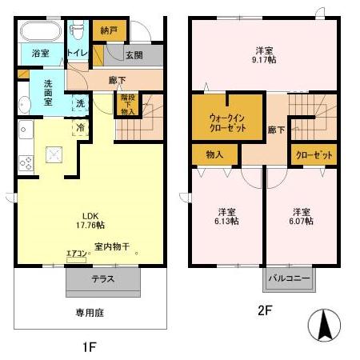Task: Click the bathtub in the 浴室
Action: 38,34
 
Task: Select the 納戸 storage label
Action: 108,30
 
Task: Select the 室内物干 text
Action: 111,246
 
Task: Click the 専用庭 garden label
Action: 90,313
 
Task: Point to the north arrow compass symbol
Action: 325,326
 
